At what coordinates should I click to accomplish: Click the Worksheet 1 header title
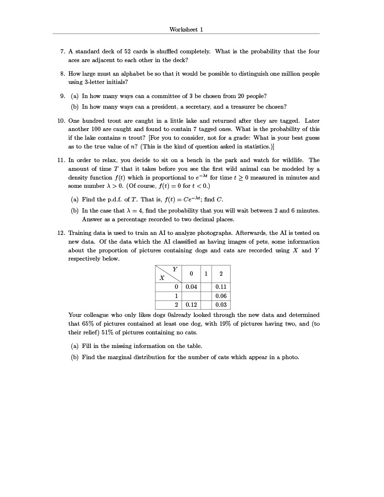click(186, 29)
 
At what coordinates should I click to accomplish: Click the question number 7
click(62, 51)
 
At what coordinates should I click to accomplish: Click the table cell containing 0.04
click(191, 287)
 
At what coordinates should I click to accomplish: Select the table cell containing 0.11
click(221, 287)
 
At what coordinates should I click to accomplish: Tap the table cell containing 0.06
click(221, 296)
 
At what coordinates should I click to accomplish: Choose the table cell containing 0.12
click(191, 305)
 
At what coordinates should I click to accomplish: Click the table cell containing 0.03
click(221, 305)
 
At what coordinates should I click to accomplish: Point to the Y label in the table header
click(175, 269)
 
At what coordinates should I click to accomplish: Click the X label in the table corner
click(162, 278)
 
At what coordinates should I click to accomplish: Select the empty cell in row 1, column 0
click(191, 296)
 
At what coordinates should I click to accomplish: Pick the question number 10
click(61, 120)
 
